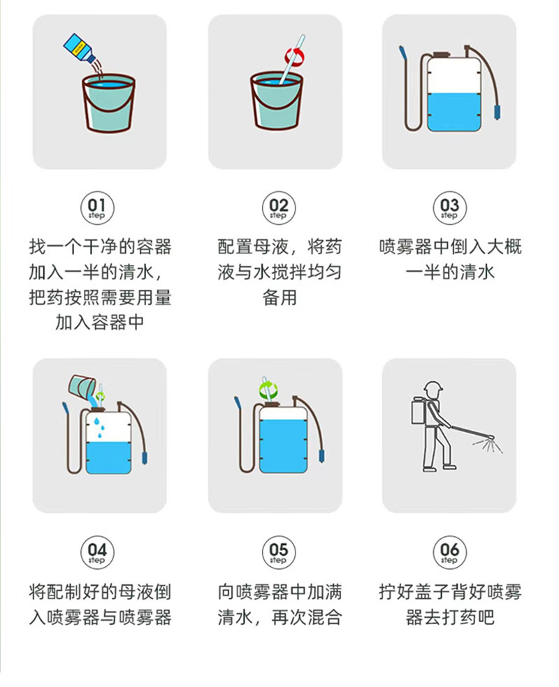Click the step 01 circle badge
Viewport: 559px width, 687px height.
coord(97,207)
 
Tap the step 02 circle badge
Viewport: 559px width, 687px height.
coord(279,207)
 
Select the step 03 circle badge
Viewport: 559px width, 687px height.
coord(449,207)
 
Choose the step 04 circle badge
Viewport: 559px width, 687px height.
coord(97,552)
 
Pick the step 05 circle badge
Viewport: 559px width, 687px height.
coord(279,552)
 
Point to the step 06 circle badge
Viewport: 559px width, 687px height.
coord(449,552)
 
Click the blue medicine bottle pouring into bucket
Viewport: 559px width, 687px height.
coord(79,49)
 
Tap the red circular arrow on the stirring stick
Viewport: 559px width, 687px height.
coord(294,57)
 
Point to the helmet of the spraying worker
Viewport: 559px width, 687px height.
coord(433,387)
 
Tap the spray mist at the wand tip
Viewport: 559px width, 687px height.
coord(488,445)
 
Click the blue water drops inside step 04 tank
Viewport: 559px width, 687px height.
coord(99,427)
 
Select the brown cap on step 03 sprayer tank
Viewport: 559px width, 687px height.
coord(441,54)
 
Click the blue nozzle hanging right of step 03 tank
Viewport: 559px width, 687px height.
coord(498,111)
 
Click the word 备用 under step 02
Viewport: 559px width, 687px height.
coord(279,297)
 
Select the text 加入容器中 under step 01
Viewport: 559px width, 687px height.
coord(100,323)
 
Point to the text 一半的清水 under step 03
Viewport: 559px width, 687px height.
coord(450,272)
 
